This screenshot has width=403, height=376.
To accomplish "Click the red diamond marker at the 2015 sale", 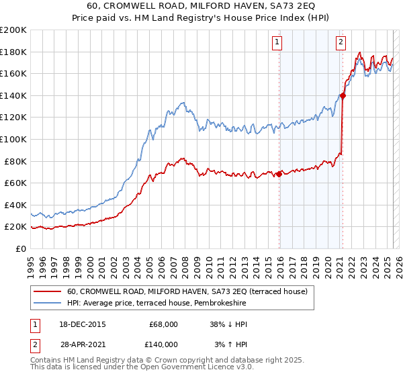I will pos(279,174).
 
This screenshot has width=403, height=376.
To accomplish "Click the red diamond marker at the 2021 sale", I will pos(343,95).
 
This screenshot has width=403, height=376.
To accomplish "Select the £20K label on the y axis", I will pos(15,227).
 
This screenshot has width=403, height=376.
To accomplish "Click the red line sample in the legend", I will pos(48,291).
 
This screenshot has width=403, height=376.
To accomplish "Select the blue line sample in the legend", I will pos(48,303).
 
